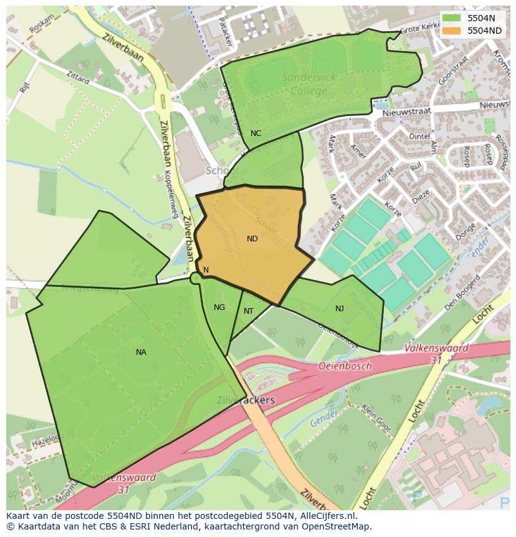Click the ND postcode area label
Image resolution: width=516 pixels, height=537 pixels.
click(252, 239)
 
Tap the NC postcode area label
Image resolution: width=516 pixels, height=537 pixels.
click(256, 133)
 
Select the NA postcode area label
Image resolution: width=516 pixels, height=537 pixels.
click(141, 352)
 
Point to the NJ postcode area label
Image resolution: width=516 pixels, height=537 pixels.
click(339, 309)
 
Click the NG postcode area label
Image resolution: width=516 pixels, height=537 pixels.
click(219, 307)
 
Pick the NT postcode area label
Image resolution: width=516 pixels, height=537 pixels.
click(249, 311)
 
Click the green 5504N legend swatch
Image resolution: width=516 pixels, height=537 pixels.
click(452, 18)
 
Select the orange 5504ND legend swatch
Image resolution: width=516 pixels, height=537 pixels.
click(452, 31)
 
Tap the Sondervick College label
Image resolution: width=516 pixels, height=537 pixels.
click(308, 84)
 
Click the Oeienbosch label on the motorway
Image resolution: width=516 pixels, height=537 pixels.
click(345, 366)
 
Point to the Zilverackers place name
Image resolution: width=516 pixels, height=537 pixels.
click(245, 400)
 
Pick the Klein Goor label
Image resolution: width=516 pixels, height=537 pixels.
click(376, 419)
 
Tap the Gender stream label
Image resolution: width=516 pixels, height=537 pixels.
click(322, 418)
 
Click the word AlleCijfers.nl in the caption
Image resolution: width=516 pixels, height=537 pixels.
click(325, 516)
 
